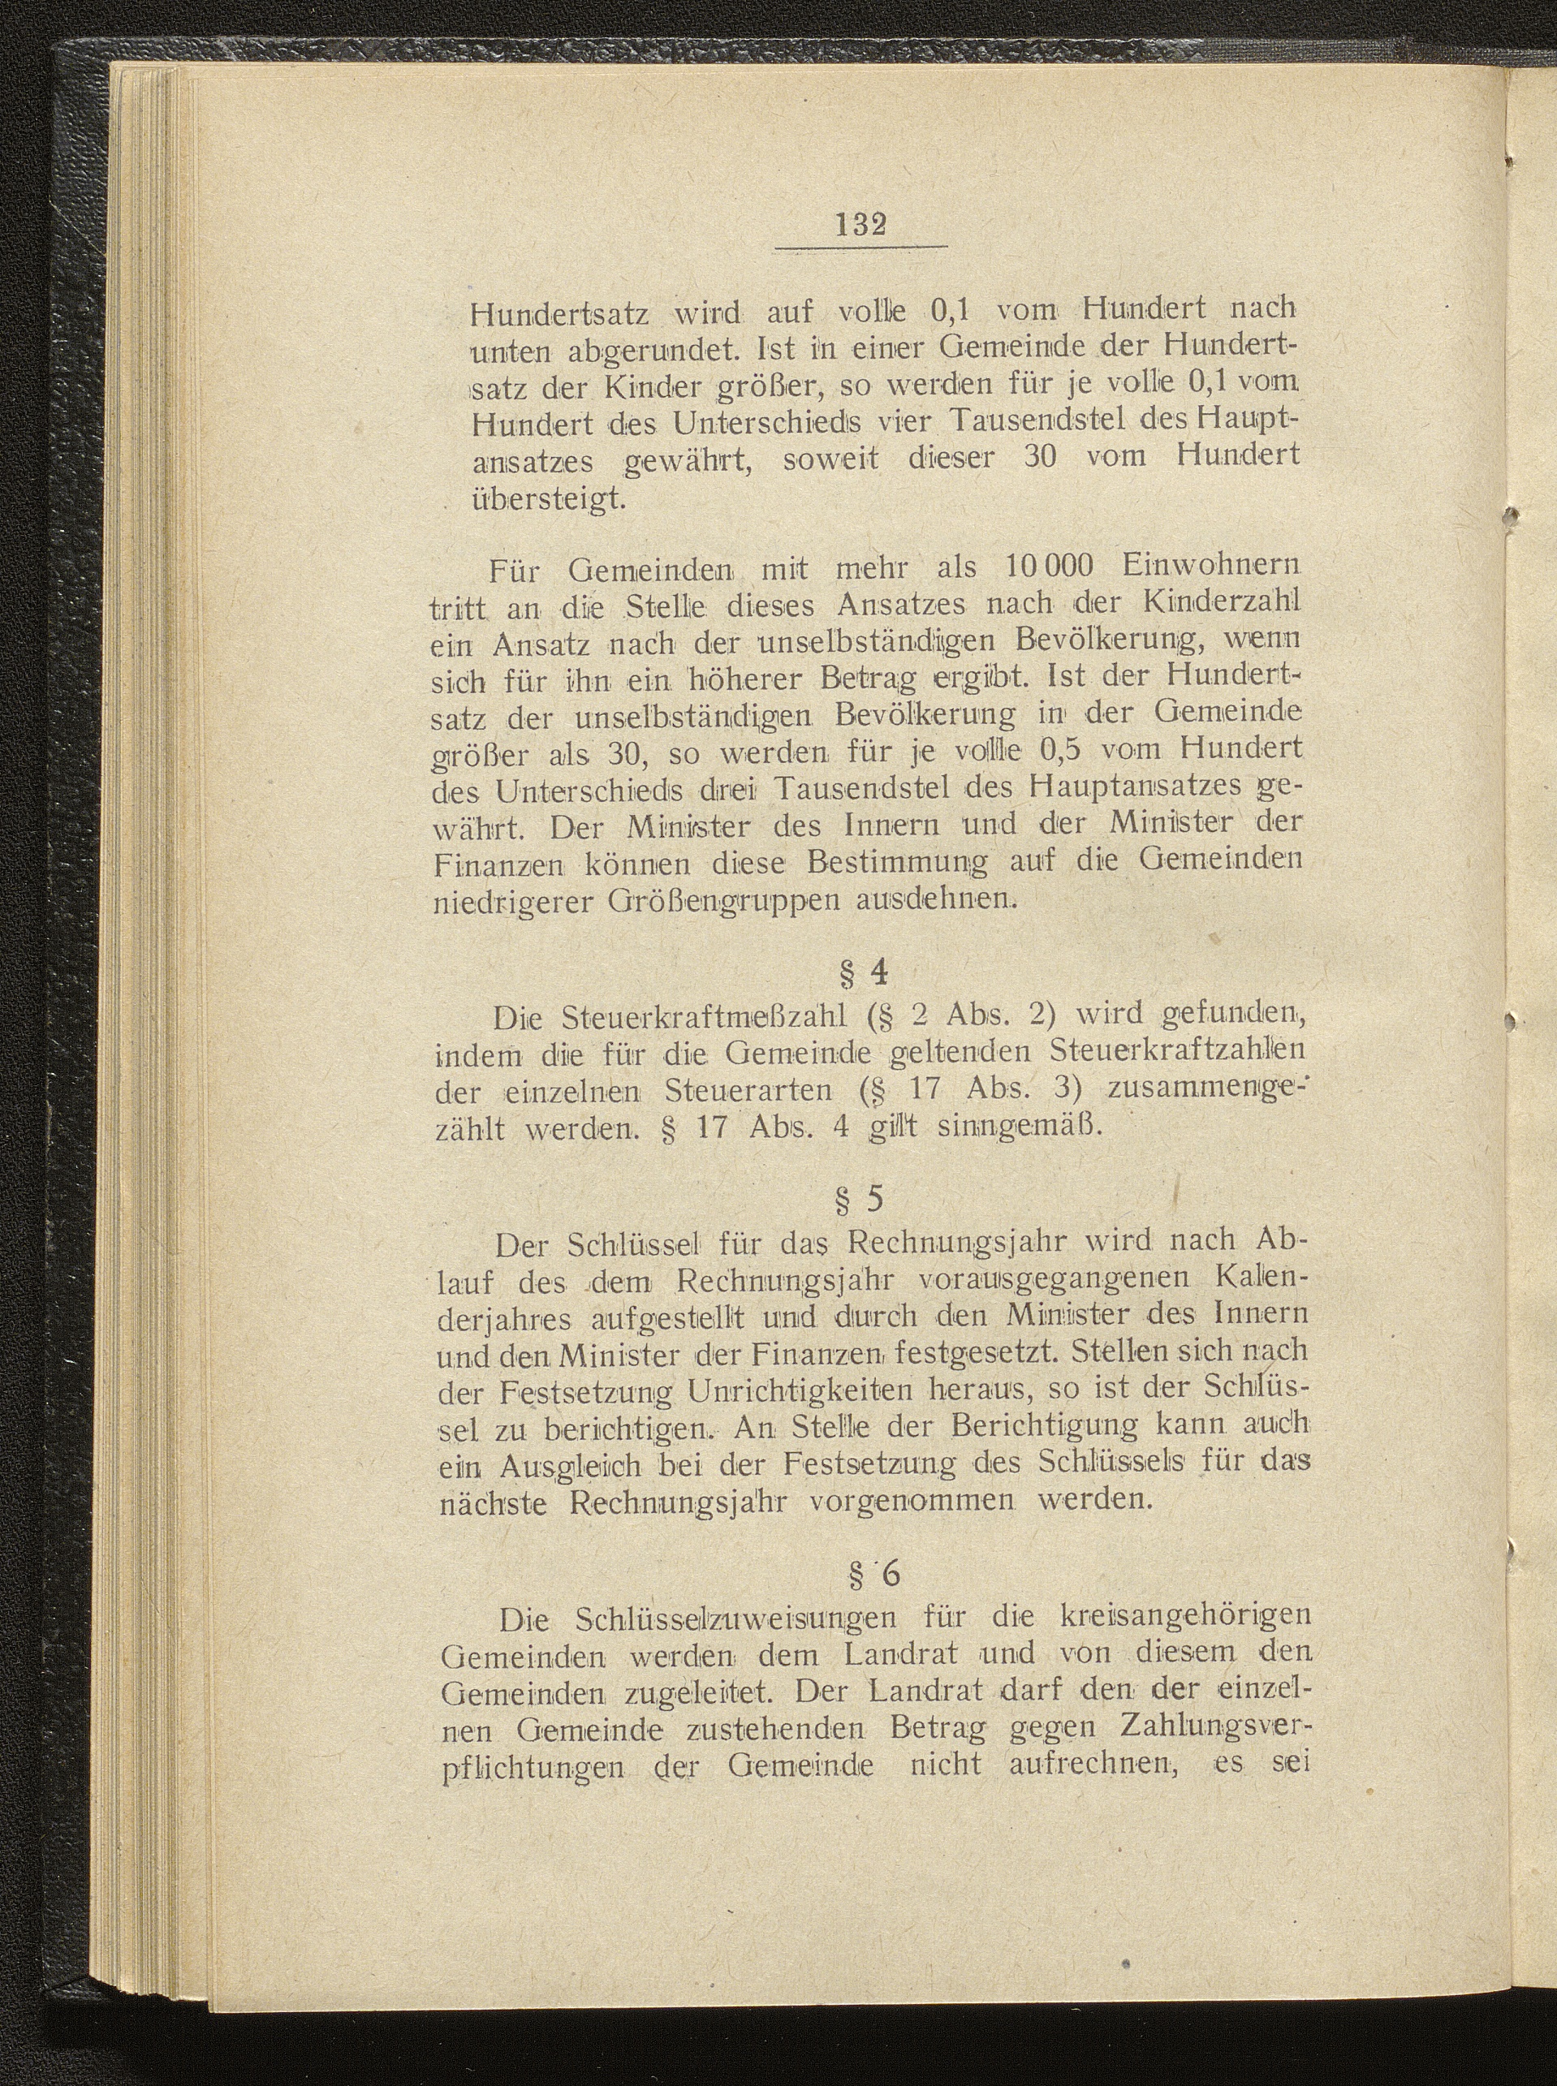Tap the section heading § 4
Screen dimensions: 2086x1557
click(x=862, y=972)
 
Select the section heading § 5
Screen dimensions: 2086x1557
click(x=861, y=1199)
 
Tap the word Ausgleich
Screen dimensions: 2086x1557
click(x=584, y=1465)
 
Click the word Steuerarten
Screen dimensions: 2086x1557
click(x=748, y=1090)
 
